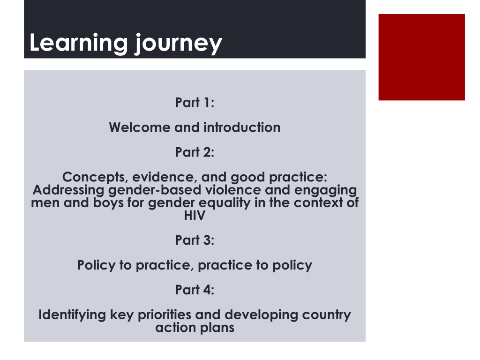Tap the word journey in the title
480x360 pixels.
click(x=179, y=44)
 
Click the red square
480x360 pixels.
click(x=421, y=57)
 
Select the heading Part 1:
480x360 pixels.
click(x=195, y=102)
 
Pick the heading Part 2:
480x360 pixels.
click(x=195, y=152)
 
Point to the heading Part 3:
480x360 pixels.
click(x=195, y=240)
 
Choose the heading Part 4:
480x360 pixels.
click(x=195, y=290)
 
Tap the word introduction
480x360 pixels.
click(x=242, y=127)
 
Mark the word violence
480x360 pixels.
click(x=233, y=190)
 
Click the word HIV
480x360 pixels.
click(x=195, y=216)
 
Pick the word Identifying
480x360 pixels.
click(x=72, y=315)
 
